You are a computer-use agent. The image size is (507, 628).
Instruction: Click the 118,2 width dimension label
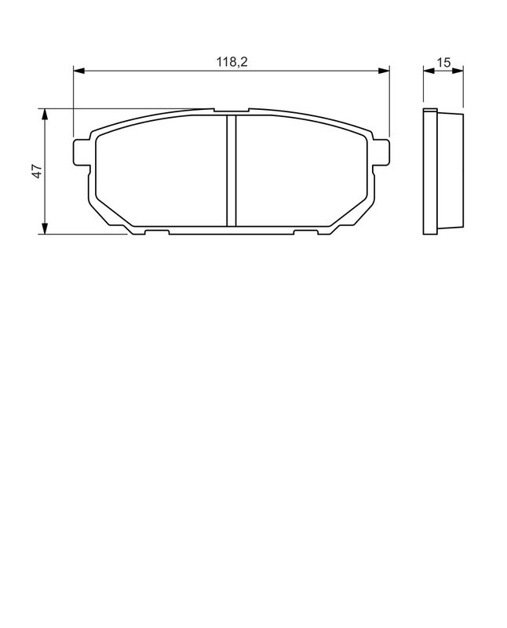(x=232, y=63)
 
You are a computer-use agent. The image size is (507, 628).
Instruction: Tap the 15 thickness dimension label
(x=443, y=63)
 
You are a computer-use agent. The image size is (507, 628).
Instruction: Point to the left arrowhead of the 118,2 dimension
(x=78, y=71)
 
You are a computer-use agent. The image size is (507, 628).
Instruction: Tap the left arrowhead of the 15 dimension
(x=427, y=71)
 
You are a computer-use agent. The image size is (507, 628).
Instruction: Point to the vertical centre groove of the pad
(x=232, y=169)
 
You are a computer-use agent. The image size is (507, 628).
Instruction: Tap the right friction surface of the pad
(x=302, y=173)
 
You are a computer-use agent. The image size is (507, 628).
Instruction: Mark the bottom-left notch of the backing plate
(x=156, y=232)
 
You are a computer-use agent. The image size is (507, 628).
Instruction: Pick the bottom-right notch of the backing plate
(x=305, y=232)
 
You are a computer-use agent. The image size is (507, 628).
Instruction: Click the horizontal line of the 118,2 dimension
(x=157, y=71)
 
